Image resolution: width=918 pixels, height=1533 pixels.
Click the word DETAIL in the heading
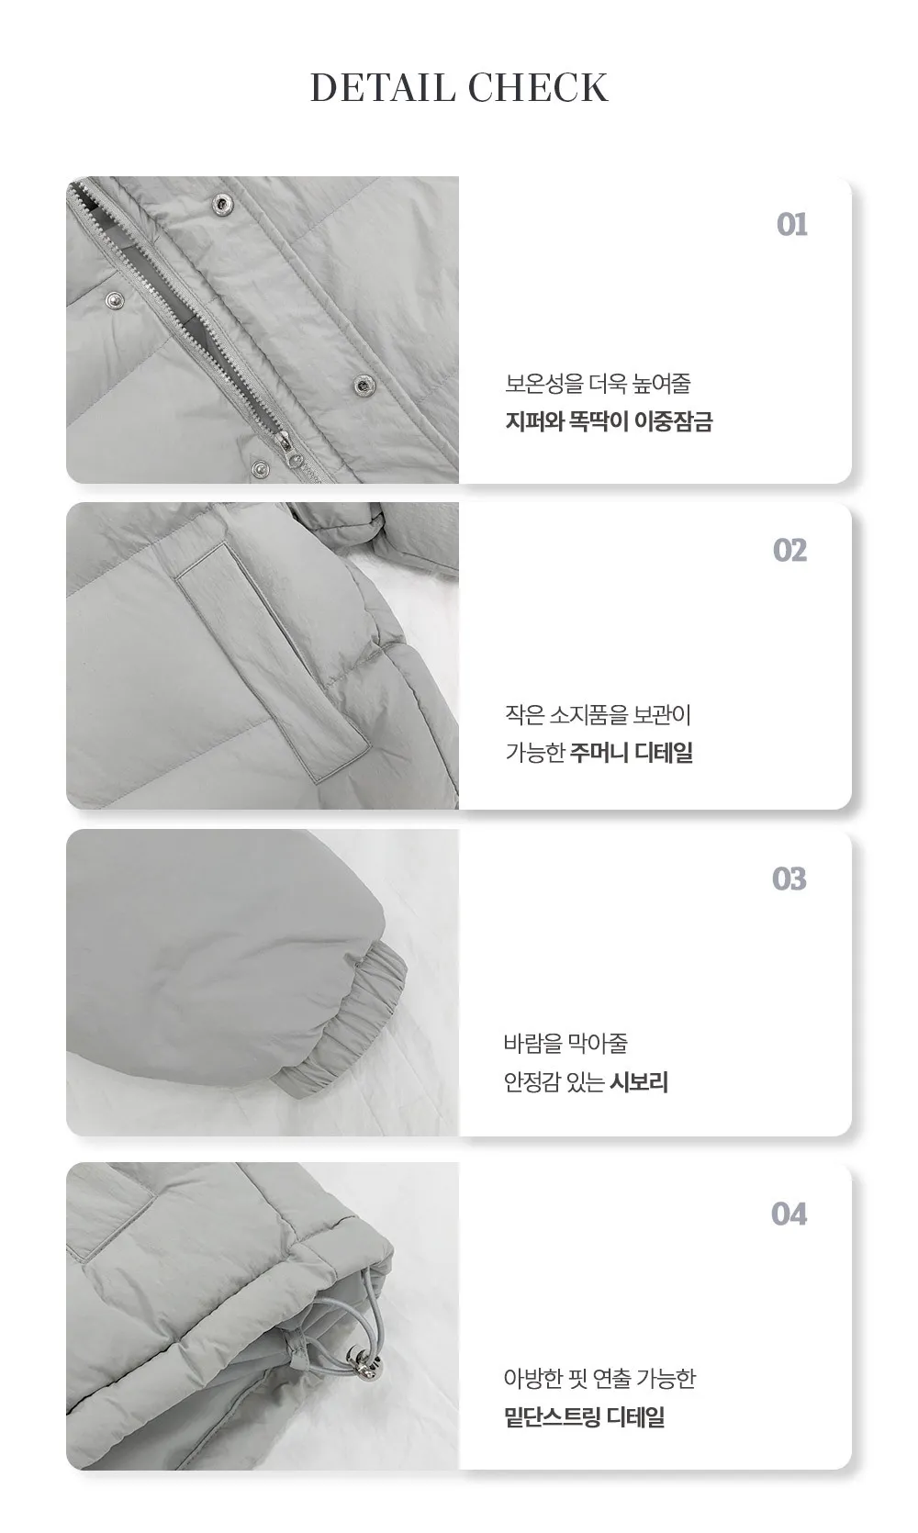[383, 87]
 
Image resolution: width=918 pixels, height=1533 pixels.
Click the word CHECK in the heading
[538, 87]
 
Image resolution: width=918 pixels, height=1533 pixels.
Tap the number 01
[792, 225]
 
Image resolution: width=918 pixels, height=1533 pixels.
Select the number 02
[790, 550]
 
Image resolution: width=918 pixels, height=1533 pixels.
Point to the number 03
[789, 878]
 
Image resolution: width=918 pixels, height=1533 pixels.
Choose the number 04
[789, 1214]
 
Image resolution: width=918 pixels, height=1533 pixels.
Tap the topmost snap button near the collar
[220, 202]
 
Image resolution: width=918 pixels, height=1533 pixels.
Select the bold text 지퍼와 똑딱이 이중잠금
[609, 421]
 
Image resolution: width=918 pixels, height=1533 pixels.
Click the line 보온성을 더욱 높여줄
[598, 384]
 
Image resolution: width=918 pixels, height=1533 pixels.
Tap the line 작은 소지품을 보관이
[598, 714]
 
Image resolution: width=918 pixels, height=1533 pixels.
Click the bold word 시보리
[639, 1082]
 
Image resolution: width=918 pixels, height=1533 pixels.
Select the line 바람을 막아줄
[565, 1044]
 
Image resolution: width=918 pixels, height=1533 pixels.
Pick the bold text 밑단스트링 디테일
[585, 1416]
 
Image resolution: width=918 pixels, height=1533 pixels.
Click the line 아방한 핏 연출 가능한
[599, 1379]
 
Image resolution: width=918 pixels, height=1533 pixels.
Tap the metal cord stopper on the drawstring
[364, 1365]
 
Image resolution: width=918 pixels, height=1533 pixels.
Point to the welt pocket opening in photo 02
[272, 660]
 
